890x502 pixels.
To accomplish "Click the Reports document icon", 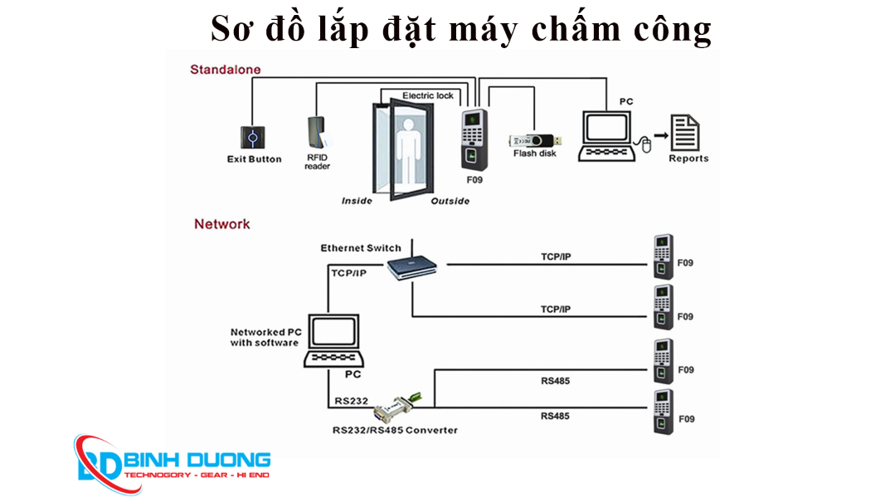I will [x=685, y=133].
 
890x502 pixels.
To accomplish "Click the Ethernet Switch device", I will [x=412, y=267].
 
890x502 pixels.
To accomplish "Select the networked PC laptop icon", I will [x=335, y=341].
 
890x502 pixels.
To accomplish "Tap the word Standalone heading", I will [x=225, y=70].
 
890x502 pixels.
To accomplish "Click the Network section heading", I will [x=221, y=224].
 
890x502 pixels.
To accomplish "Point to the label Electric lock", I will [x=428, y=95].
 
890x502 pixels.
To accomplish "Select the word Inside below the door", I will [x=357, y=201].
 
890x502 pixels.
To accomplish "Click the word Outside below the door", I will [x=450, y=201].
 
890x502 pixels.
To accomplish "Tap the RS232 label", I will [x=352, y=401].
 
